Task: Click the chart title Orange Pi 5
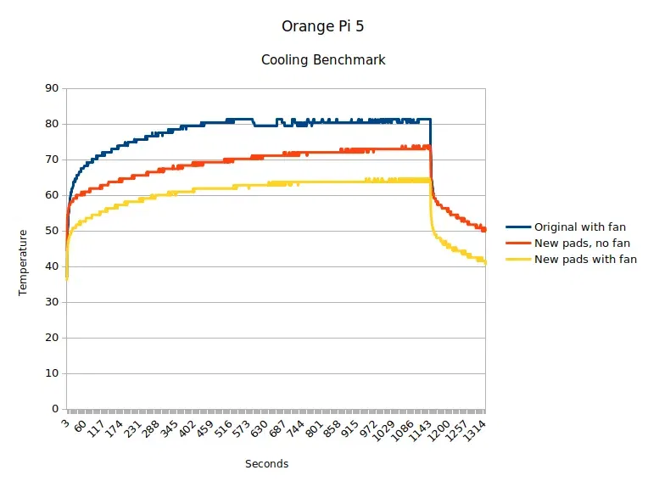[x=323, y=26]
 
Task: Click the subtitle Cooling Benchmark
[x=323, y=60]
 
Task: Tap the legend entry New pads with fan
[x=585, y=260]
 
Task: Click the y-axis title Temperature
[x=24, y=262]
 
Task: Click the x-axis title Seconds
[x=266, y=464]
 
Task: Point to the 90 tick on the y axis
[x=52, y=88]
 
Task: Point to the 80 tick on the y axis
[x=52, y=124]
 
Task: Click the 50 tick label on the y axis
[x=52, y=231]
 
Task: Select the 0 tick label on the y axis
[x=55, y=409]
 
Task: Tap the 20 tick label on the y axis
[x=52, y=338]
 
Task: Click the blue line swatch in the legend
[x=518, y=227]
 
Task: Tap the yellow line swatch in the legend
[x=518, y=260]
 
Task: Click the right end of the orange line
[x=484, y=230]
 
